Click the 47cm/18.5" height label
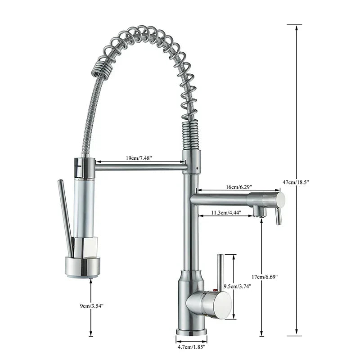(296, 182)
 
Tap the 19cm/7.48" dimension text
(139, 158)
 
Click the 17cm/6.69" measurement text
(265, 277)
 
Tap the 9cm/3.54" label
(90, 306)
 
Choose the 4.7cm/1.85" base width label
(191, 347)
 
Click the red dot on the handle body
(215, 291)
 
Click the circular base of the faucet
(191, 332)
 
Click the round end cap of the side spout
(280, 199)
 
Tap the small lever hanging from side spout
(278, 216)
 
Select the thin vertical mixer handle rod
(220, 272)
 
